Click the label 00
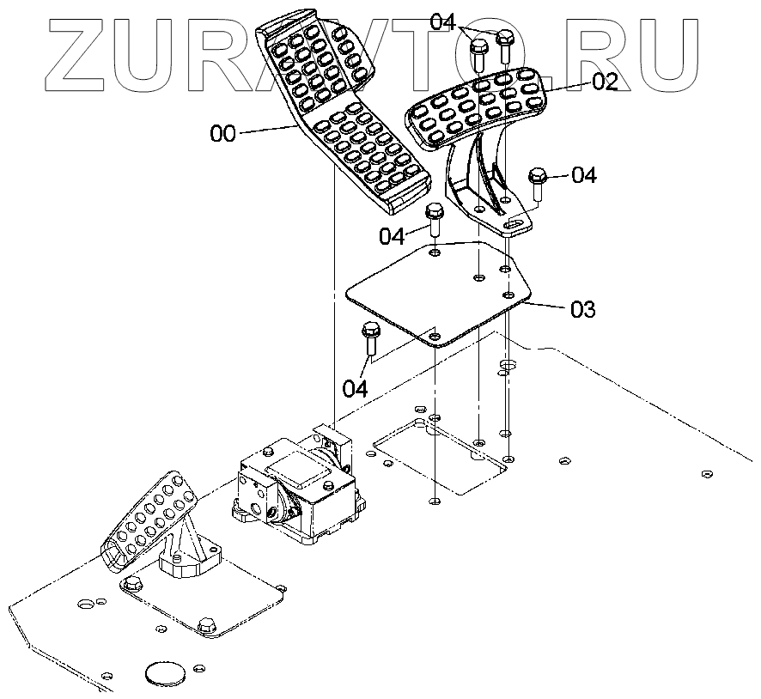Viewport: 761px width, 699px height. (x=222, y=133)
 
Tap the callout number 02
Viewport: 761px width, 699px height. (x=605, y=82)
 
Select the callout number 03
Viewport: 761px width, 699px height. (x=582, y=309)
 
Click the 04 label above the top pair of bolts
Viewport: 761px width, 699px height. (x=442, y=20)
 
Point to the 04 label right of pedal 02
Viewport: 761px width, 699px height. (x=583, y=175)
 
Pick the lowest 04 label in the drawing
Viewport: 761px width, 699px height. (x=356, y=388)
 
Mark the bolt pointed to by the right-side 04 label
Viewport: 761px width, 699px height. (x=538, y=182)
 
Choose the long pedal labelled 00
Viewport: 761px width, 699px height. (x=344, y=112)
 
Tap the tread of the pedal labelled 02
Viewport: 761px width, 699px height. (x=477, y=107)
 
